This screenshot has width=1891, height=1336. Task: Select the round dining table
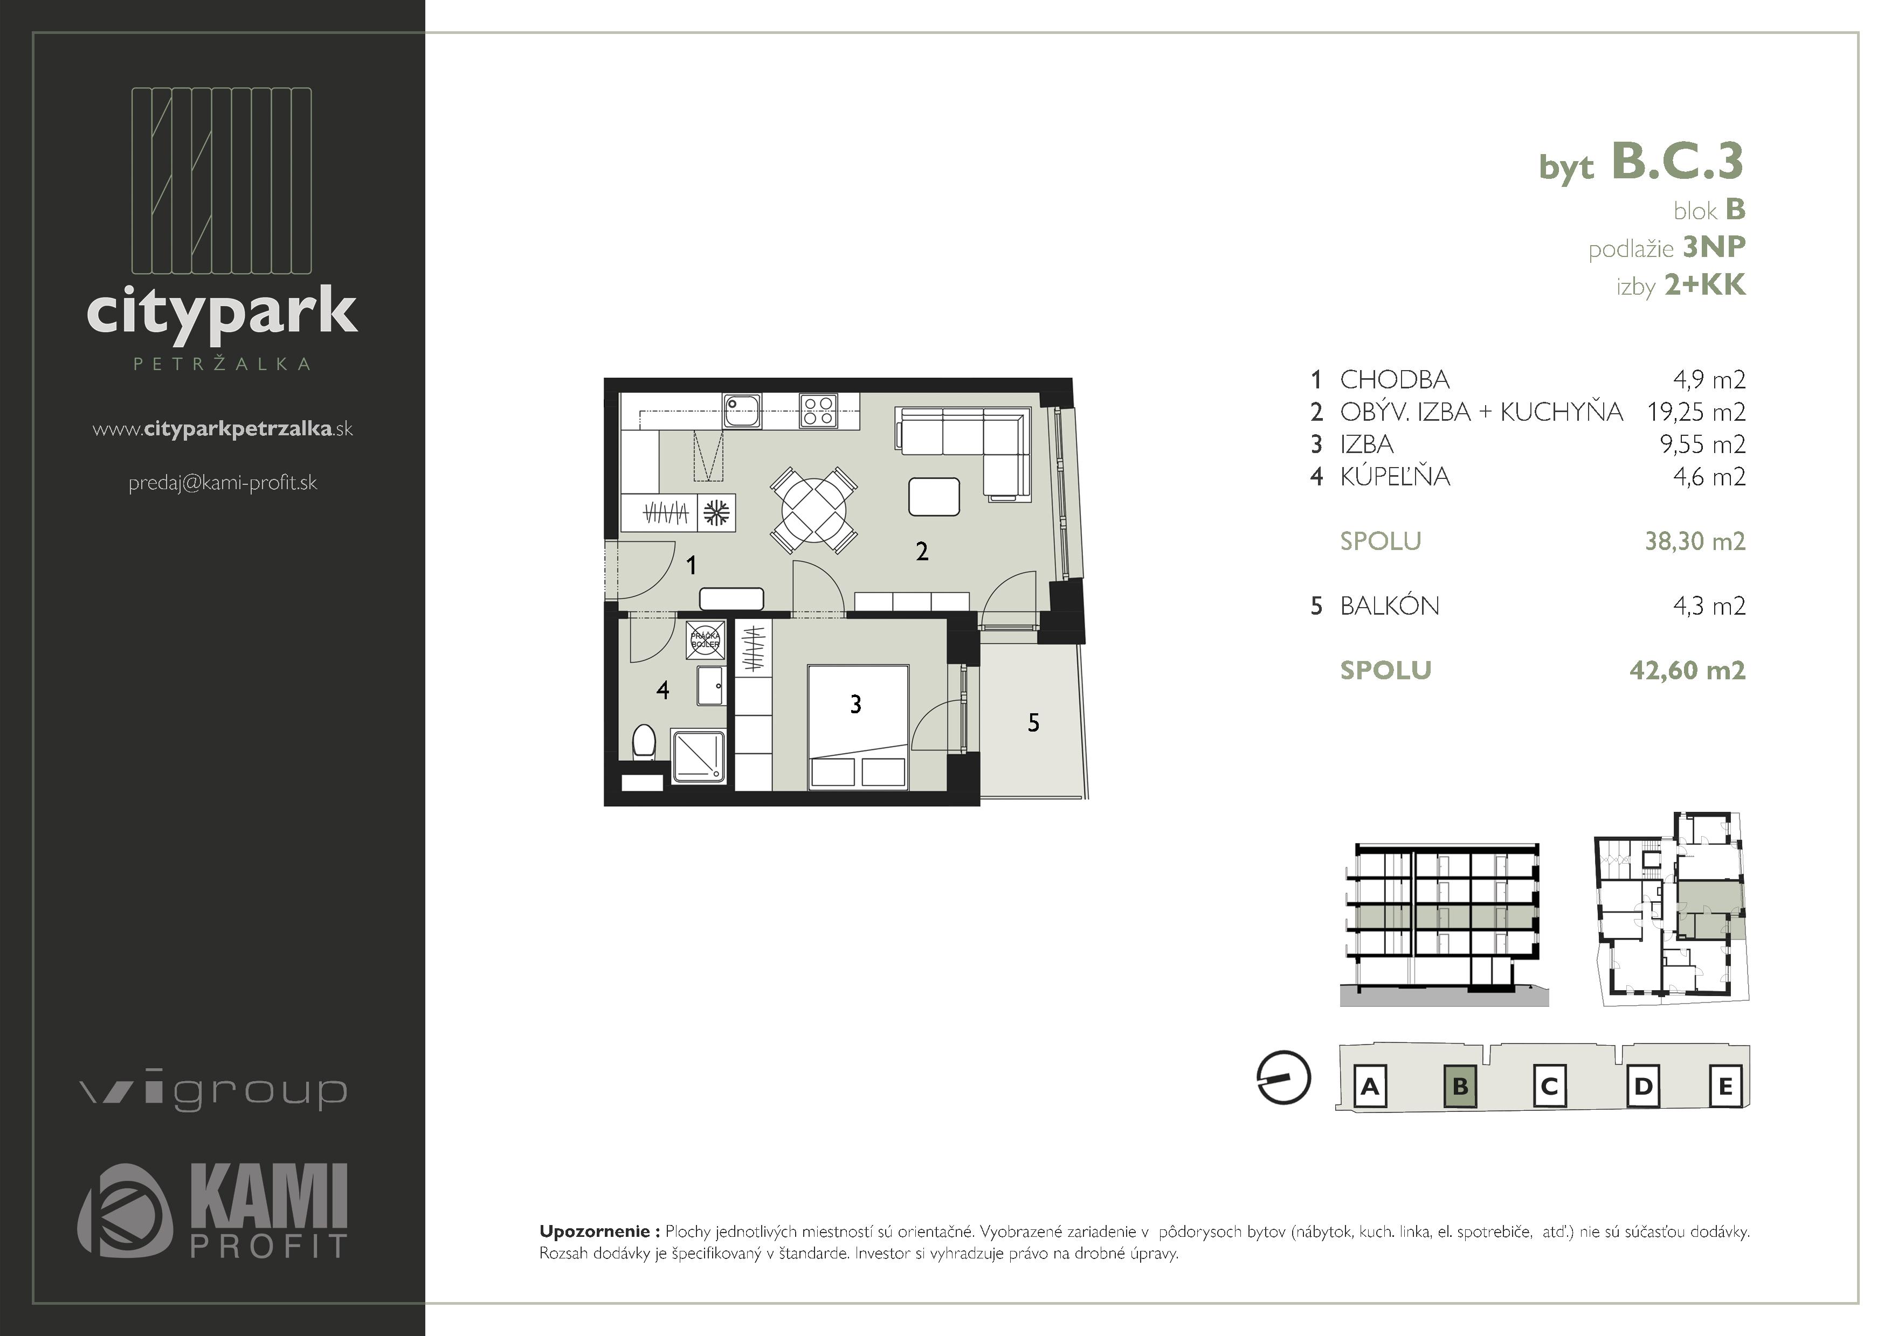click(815, 510)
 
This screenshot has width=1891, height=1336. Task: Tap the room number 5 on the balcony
click(1033, 723)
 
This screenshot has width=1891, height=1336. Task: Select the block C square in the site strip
click(1549, 1087)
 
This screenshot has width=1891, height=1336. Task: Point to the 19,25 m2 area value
click(1696, 412)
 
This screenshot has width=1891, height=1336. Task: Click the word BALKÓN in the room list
click(1390, 606)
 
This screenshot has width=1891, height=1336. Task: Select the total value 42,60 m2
click(1687, 670)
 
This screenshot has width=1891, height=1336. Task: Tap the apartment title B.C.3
click(1677, 161)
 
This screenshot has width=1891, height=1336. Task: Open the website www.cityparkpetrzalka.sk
click(223, 429)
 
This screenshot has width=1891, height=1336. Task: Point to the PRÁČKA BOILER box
click(705, 641)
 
